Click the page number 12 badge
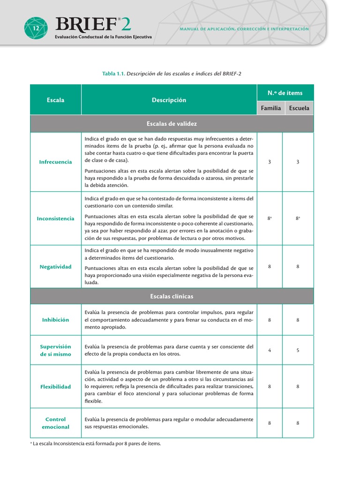[x=36, y=28]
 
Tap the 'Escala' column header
[x=56, y=100]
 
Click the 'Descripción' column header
[x=169, y=100]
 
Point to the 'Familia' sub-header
[x=271, y=108]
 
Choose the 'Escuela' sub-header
[x=299, y=108]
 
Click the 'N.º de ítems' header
[x=285, y=93]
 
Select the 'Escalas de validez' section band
[x=172, y=124]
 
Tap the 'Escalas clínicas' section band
[x=172, y=296]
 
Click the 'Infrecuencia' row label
[x=56, y=162]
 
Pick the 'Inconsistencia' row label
[x=56, y=218]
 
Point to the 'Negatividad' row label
[x=56, y=267]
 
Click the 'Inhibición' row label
[x=56, y=320]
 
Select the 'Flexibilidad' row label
[x=56, y=387]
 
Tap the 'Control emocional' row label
[x=56, y=423]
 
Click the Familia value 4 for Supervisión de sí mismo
[x=270, y=350]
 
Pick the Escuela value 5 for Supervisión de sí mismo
[x=298, y=350]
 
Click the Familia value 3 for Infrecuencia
[x=270, y=162]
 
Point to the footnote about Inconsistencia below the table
[x=96, y=443]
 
